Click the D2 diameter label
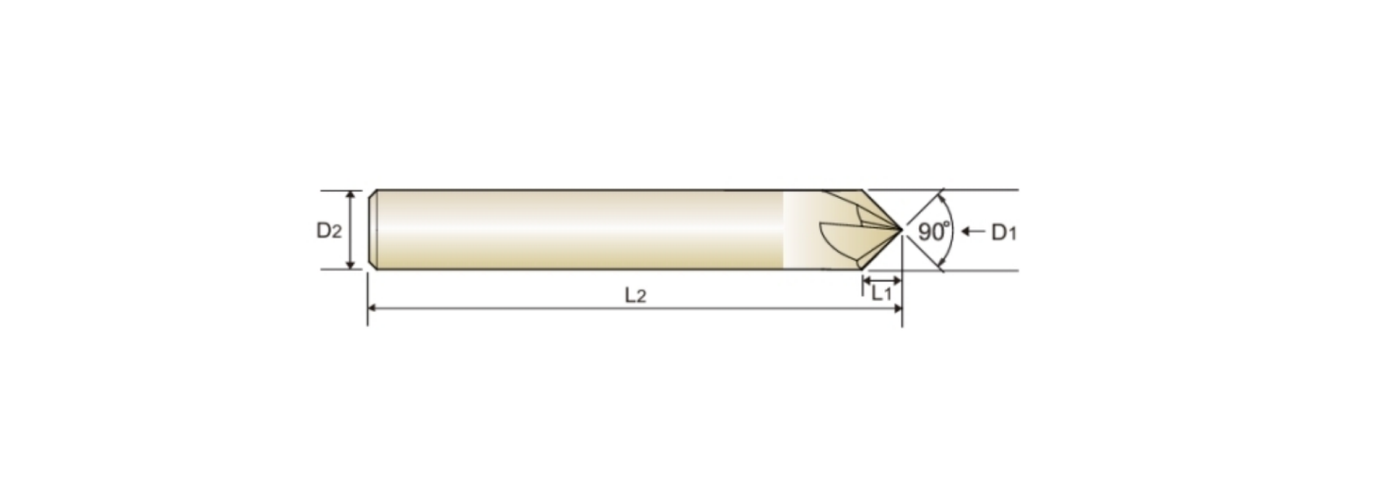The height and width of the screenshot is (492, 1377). tap(329, 230)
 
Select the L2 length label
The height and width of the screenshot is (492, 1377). tap(635, 296)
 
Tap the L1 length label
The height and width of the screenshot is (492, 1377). tap(881, 293)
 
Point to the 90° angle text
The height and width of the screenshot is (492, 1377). tap(933, 232)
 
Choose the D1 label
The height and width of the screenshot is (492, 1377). tap(1004, 232)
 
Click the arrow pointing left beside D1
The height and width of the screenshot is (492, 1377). tap(973, 231)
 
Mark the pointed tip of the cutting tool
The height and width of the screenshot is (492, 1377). tap(902, 229)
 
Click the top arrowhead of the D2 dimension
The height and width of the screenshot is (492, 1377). tap(350, 196)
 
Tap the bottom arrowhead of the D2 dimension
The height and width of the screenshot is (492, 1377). tap(350, 264)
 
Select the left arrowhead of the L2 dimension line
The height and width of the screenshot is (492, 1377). tap(373, 307)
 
